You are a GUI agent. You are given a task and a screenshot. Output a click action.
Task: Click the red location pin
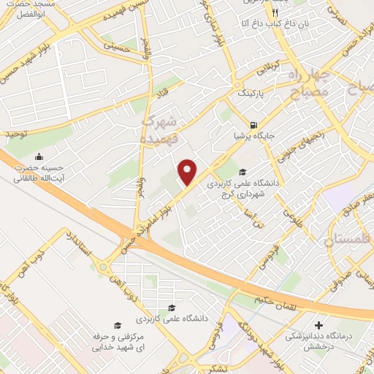tap(188, 172)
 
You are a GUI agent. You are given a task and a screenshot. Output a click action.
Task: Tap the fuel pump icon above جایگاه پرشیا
tap(253, 124)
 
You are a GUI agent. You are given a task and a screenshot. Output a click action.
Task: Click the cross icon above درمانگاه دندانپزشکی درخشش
tap(318, 325)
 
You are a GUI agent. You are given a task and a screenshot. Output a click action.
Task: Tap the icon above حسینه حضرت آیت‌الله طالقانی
tap(39, 156)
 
